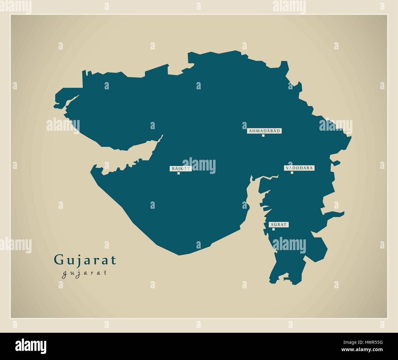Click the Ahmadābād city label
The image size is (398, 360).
click(264, 131)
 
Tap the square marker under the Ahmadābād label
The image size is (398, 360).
click(263, 135)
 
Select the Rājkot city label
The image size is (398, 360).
click(181, 168)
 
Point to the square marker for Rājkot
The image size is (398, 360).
click(178, 173)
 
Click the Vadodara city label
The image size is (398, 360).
click(299, 168)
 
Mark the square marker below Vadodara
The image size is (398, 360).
click(292, 173)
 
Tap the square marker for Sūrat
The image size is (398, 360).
click(273, 229)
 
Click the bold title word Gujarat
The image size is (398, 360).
click(85, 260)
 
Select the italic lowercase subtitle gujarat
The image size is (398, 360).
click(84, 272)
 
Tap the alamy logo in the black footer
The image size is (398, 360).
click(31, 345)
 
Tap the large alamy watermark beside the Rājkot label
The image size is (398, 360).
click(199, 166)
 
